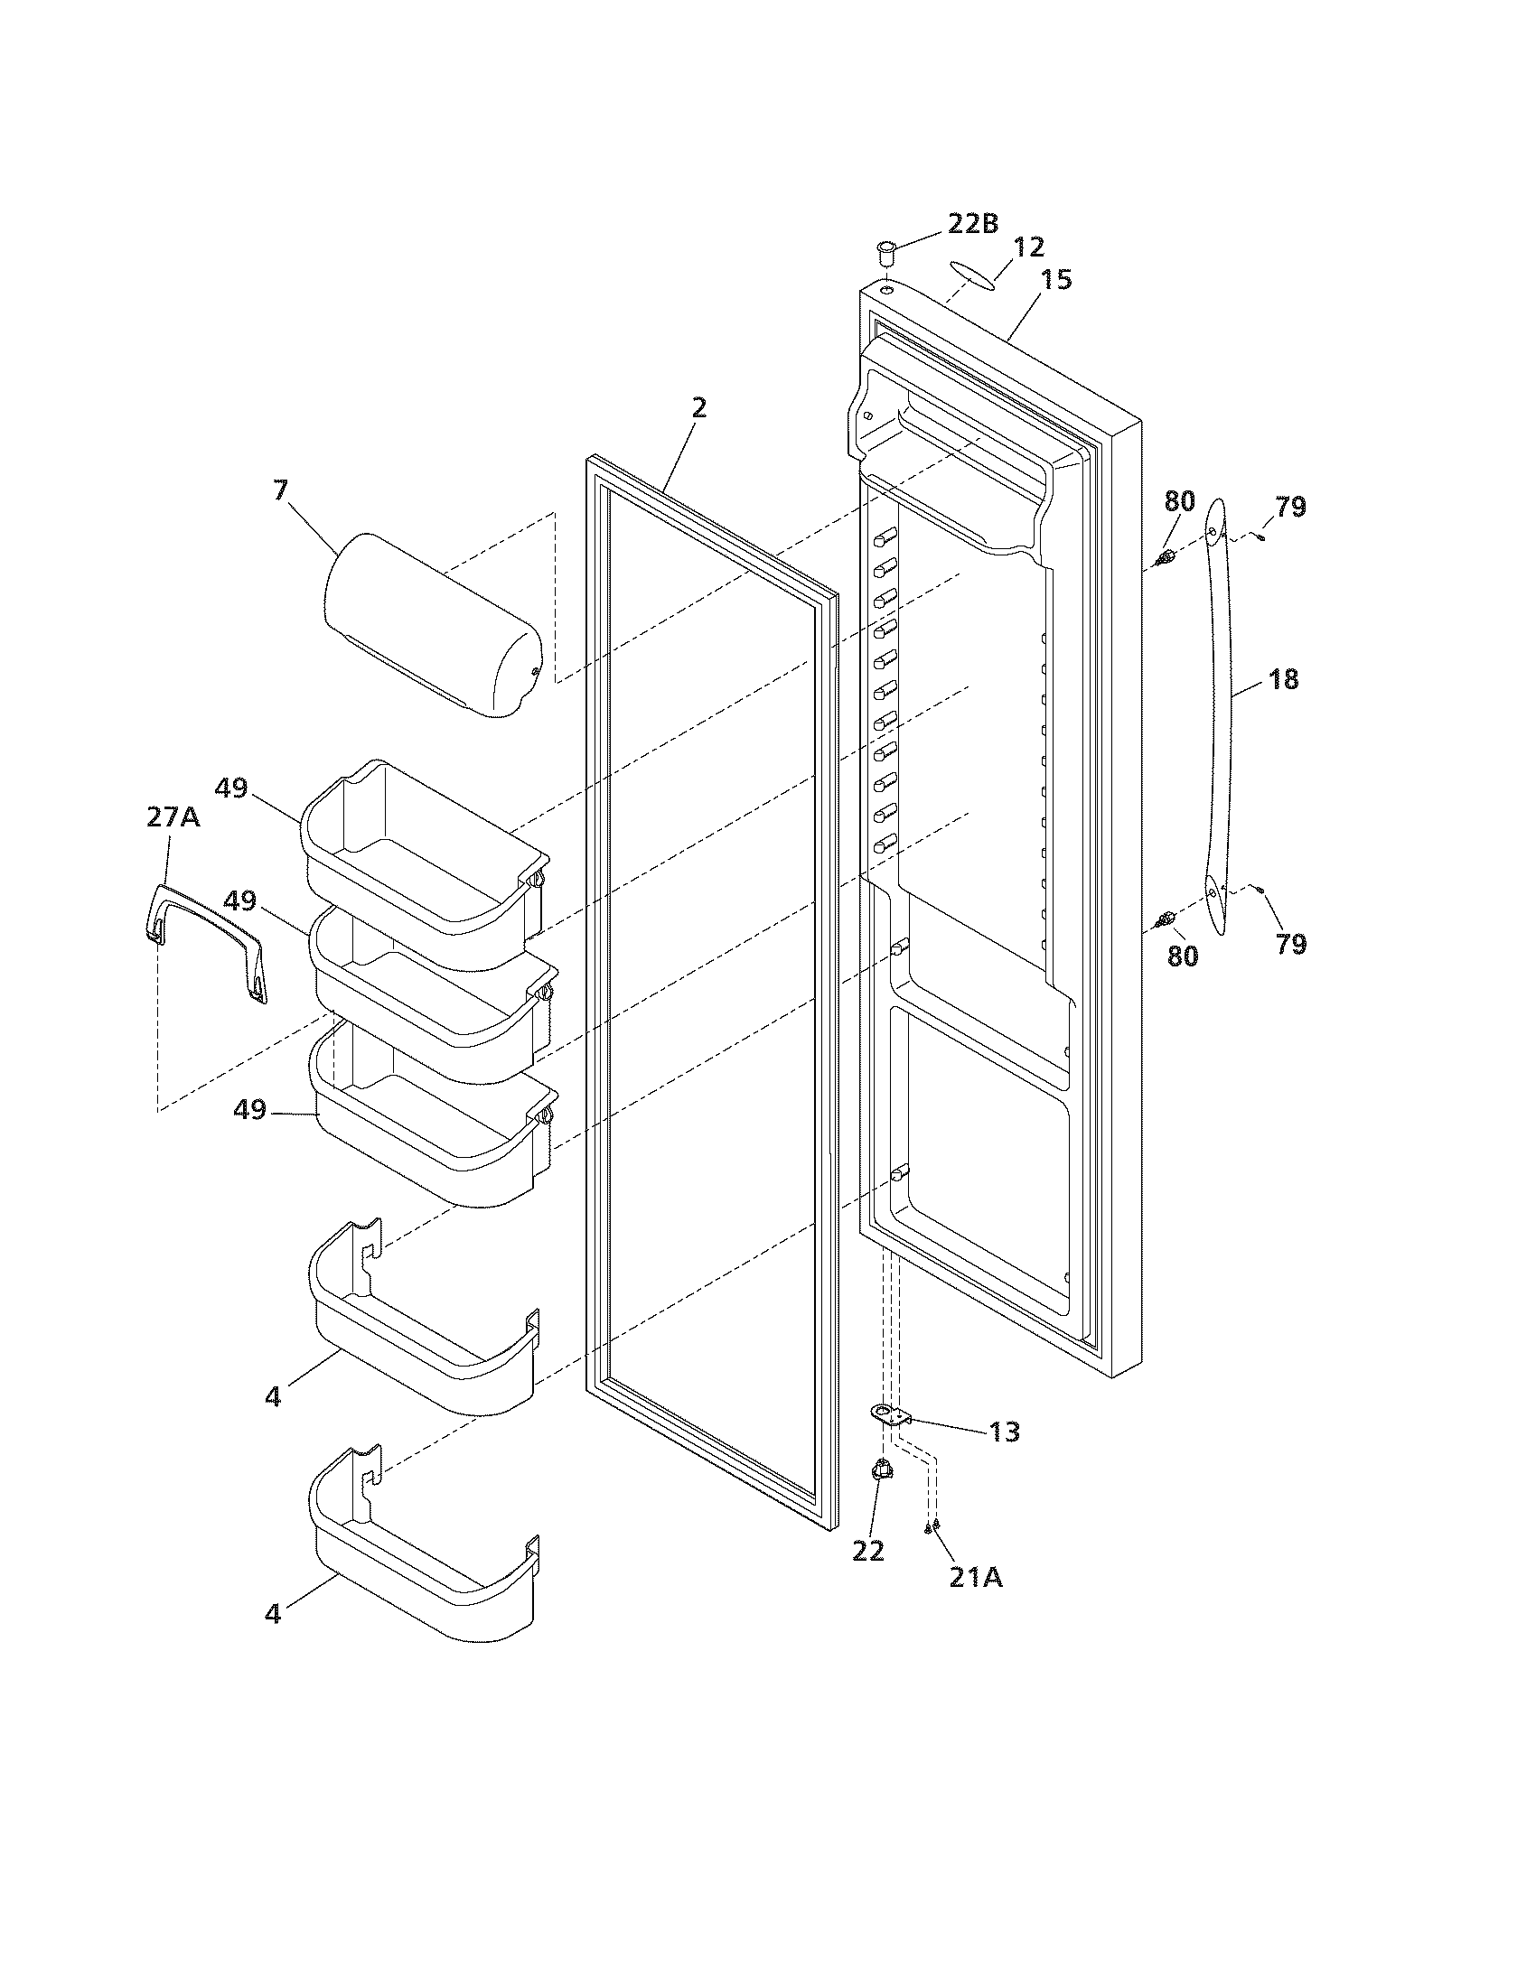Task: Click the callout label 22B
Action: (x=973, y=223)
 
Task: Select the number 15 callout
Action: (x=1057, y=279)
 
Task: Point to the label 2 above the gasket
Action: (x=698, y=407)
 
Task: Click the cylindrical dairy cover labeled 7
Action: (x=432, y=623)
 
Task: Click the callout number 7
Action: (x=280, y=490)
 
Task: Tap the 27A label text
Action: (x=173, y=817)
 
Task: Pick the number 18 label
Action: (x=1283, y=679)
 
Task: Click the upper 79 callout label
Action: (x=1290, y=507)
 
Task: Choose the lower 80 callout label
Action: (x=1182, y=956)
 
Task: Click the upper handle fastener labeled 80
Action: (x=1164, y=557)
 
